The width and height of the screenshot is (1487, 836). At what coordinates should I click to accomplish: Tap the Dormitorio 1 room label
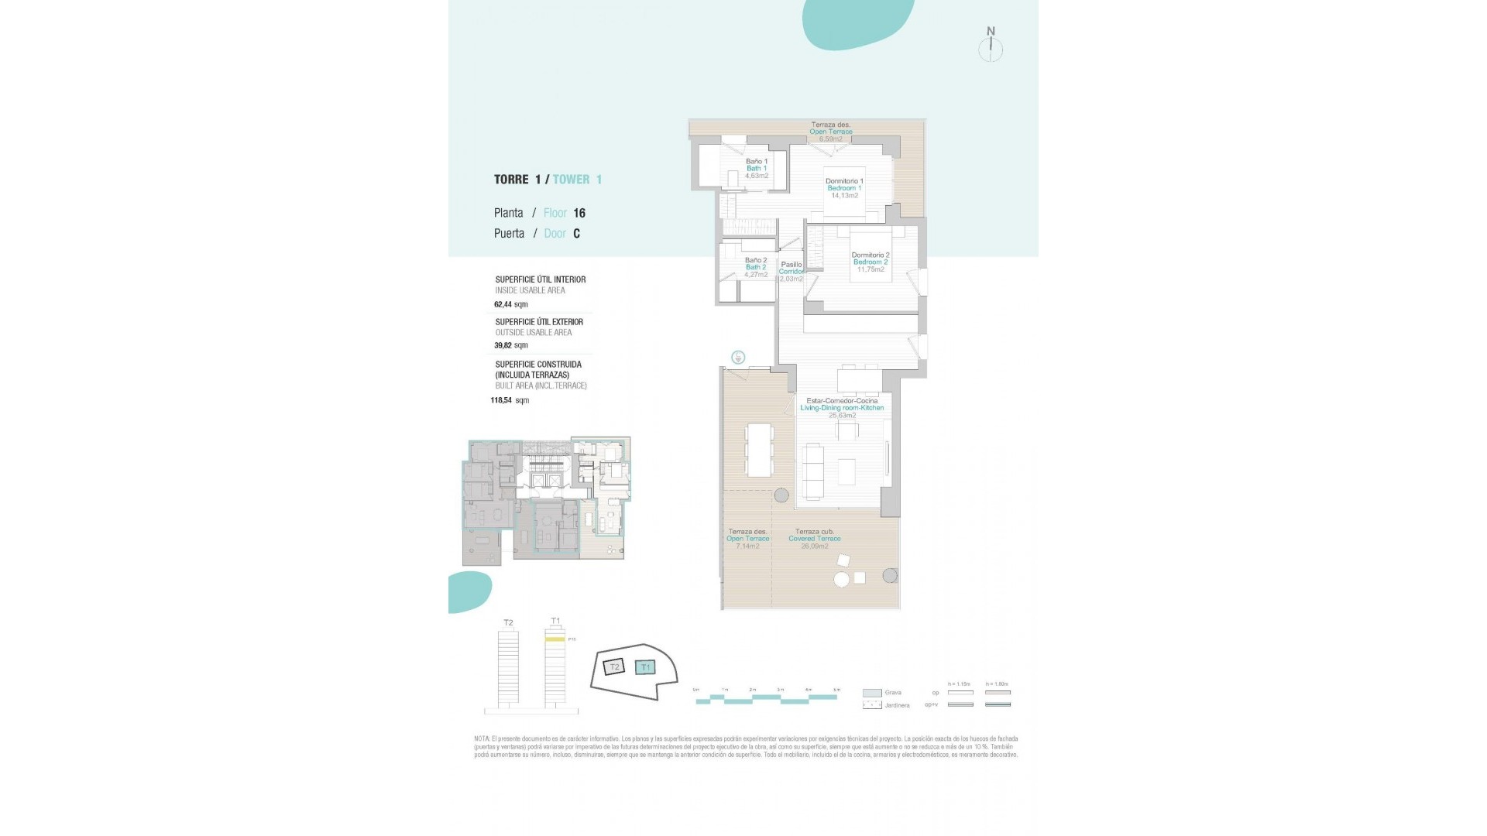click(844, 181)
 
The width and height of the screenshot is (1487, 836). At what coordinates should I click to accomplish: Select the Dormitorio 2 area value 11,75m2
click(871, 269)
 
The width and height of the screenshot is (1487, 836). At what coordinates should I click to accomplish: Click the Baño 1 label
click(757, 162)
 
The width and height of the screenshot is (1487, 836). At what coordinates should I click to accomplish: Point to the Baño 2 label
click(756, 261)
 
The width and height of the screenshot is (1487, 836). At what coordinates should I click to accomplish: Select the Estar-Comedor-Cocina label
click(842, 401)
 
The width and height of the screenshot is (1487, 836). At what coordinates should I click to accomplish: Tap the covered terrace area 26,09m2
click(815, 546)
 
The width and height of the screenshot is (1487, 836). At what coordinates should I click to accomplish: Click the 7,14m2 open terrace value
click(747, 546)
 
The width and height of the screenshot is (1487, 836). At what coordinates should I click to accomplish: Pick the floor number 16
click(579, 213)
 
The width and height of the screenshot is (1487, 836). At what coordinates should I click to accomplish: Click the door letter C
click(576, 234)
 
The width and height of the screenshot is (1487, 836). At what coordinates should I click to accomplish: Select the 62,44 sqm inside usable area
click(510, 305)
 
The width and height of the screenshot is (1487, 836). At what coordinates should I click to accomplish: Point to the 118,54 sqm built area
click(510, 401)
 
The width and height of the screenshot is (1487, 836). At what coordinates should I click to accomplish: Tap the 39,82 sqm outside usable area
click(510, 346)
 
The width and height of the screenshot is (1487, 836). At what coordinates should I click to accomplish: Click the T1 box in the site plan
click(645, 667)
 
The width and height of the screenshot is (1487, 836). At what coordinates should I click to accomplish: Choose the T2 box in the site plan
click(614, 666)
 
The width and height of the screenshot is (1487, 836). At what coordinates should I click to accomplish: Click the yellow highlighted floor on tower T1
click(555, 639)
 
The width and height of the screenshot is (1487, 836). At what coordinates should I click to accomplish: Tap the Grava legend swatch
click(871, 693)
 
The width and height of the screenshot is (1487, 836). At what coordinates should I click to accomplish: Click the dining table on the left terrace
click(759, 450)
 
